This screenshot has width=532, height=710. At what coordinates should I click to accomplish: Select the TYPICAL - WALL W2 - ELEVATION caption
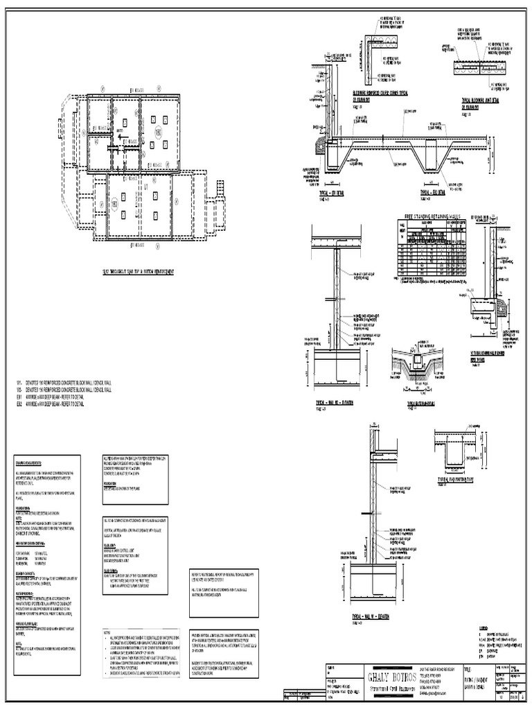coord(334,401)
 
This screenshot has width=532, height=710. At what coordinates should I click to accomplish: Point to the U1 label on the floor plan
coord(146,187)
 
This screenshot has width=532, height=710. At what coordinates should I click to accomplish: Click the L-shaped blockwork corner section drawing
coord(374,58)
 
